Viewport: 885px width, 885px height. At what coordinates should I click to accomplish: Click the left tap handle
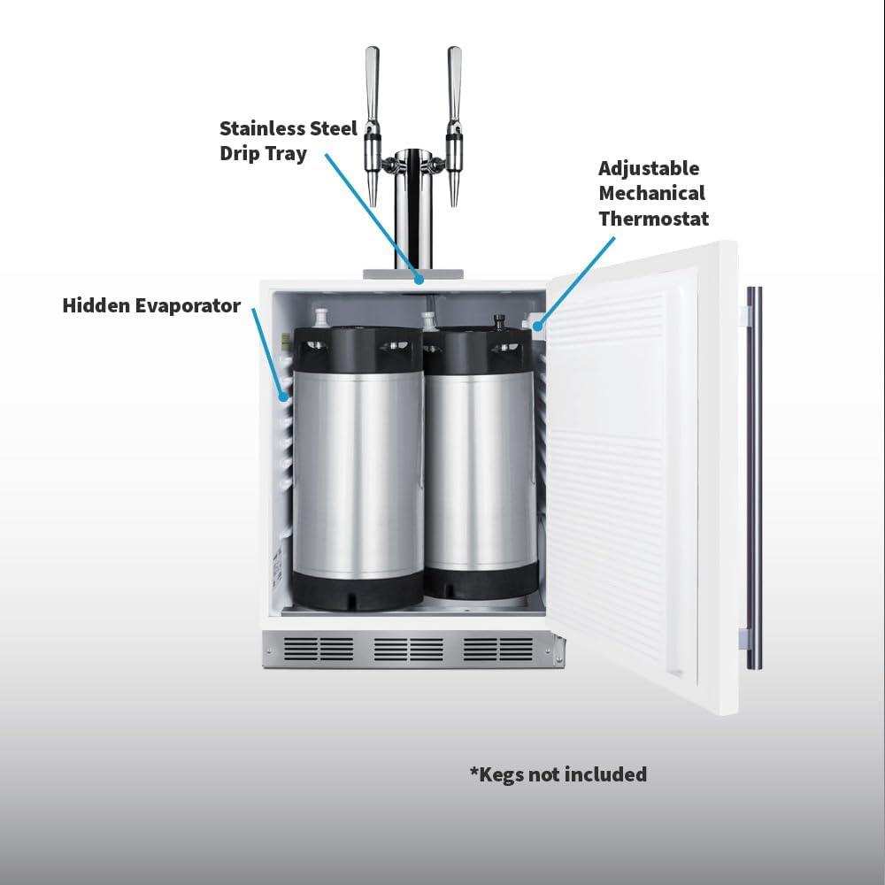tap(372, 85)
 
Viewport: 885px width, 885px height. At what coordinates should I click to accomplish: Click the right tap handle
tap(454, 85)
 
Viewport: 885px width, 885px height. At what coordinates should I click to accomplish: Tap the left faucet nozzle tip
tap(373, 204)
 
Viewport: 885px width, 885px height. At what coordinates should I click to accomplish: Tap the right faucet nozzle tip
tap(454, 204)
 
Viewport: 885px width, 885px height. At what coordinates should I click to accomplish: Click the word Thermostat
tap(654, 219)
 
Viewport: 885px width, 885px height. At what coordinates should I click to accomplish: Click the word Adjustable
tap(649, 169)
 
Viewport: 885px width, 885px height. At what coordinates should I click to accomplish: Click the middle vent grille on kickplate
tap(409, 649)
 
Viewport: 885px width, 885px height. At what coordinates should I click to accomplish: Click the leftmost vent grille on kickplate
tap(319, 649)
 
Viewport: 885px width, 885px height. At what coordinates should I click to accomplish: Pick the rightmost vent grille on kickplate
tap(498, 649)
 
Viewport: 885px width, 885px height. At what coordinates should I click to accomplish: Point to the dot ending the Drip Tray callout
tap(419, 279)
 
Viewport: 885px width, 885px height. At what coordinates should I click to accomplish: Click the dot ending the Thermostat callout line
tap(538, 326)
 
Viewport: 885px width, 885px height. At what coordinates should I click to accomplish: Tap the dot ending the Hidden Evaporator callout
tap(284, 397)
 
